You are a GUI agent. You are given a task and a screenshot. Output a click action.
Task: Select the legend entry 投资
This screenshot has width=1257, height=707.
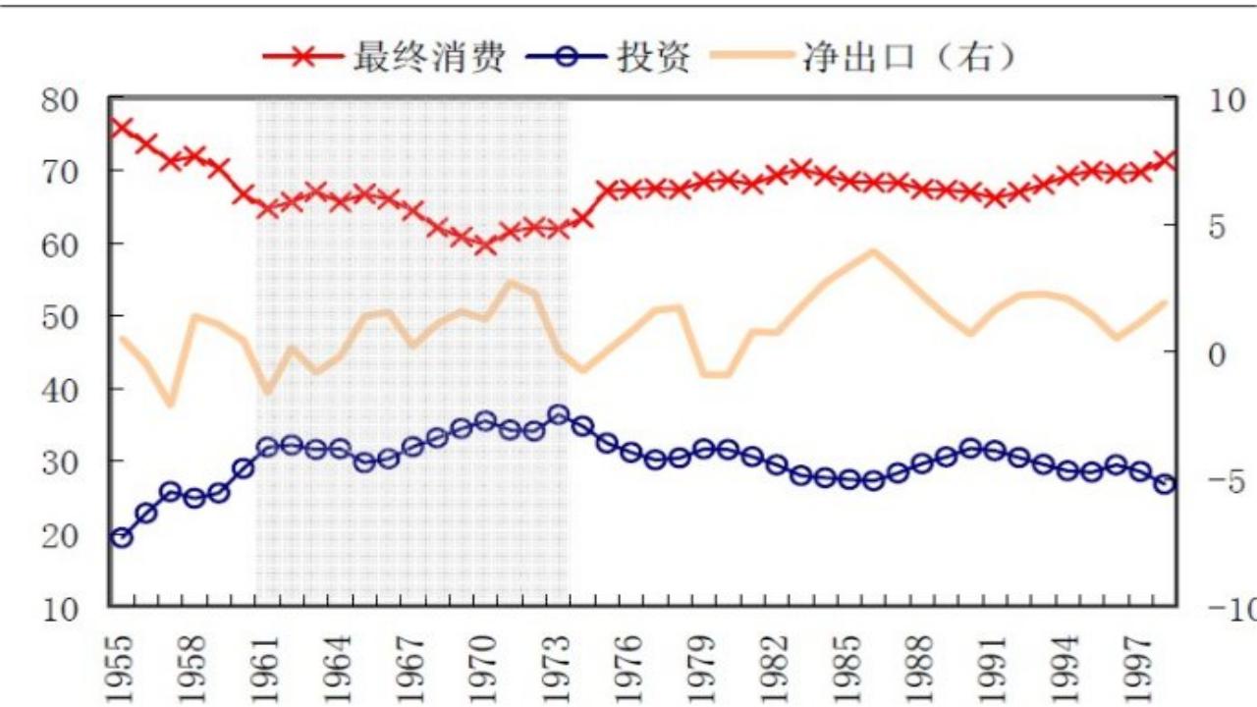[x=653, y=57]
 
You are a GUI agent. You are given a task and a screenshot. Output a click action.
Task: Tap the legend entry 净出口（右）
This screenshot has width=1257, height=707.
[x=907, y=57]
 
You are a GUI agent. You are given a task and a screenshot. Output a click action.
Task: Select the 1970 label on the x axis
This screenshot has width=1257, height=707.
[x=485, y=668]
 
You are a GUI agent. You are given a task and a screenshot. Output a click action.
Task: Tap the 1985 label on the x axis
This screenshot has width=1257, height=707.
[x=847, y=668]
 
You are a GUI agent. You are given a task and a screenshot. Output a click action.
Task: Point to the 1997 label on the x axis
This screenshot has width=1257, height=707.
[x=1138, y=668]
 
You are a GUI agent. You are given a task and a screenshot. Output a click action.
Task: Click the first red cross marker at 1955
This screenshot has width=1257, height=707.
[x=122, y=128]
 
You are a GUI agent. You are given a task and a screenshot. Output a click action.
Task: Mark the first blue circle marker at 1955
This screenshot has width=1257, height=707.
[x=122, y=537]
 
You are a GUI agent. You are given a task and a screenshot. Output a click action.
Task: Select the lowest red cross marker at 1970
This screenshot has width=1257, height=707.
[x=485, y=245]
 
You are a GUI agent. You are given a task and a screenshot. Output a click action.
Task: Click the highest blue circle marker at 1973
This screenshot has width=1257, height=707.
[x=558, y=414]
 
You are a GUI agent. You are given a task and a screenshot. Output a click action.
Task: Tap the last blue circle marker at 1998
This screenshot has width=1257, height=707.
[x=1164, y=484]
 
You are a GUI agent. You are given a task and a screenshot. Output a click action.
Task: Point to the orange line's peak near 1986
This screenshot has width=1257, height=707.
[x=872, y=251]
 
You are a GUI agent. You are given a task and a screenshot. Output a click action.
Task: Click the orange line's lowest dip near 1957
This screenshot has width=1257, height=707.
[x=170, y=404]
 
